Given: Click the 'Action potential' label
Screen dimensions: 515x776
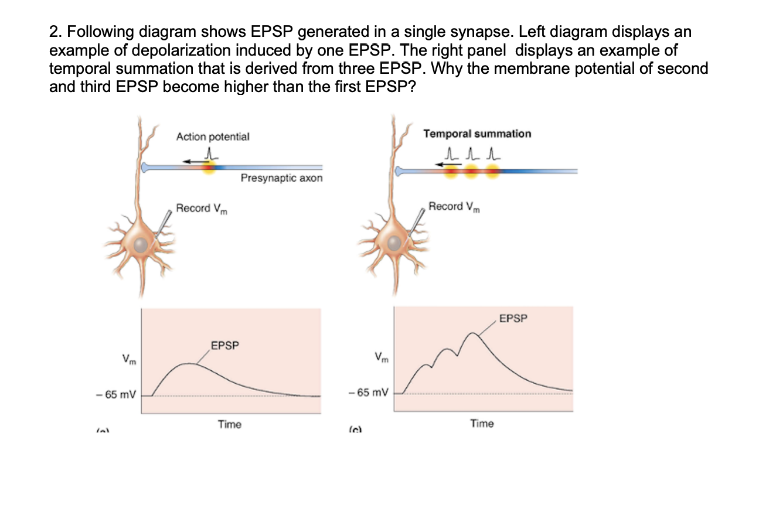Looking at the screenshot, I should click(213, 137).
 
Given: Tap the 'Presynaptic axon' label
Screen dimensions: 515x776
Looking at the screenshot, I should click(281, 178).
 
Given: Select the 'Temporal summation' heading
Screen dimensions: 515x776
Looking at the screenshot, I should click(477, 134).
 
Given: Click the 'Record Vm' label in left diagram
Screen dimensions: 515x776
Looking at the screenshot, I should click(201, 209).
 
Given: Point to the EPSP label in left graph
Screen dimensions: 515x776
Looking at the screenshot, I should click(225, 345).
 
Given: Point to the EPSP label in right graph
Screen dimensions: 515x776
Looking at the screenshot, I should click(513, 319).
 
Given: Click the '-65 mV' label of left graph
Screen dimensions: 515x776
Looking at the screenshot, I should click(115, 395).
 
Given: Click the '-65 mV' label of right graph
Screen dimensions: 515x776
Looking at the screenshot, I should click(368, 392).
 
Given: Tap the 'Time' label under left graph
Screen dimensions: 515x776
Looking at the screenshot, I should click(229, 424).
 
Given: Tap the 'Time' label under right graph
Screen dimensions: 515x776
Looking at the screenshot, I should click(482, 423).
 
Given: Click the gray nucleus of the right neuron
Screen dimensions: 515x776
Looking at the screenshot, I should click(394, 242).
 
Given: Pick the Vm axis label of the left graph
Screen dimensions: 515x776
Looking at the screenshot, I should click(128, 358).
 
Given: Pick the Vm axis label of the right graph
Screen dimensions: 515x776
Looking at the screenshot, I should click(381, 356).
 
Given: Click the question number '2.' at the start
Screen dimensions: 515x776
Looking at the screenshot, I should click(54, 31).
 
